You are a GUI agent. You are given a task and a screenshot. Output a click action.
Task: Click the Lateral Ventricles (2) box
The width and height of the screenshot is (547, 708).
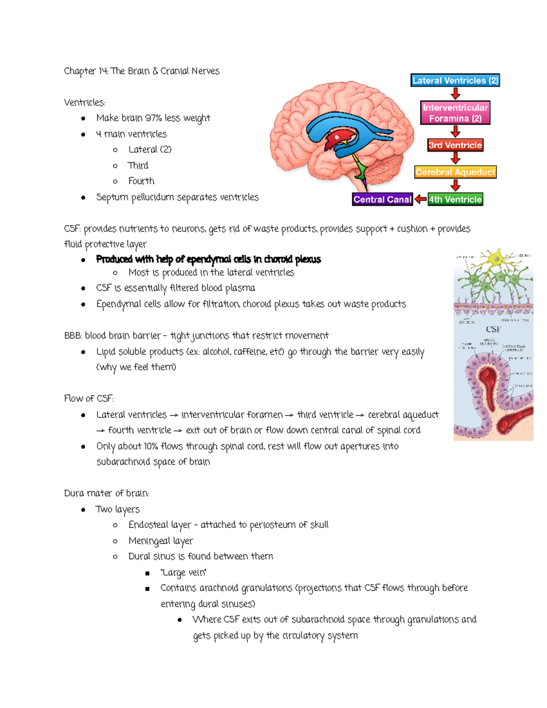tap(455, 81)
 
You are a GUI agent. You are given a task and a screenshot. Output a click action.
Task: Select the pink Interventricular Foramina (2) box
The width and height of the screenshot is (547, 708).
tap(455, 113)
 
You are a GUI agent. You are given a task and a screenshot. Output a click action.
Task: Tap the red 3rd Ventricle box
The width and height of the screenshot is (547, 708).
tap(455, 145)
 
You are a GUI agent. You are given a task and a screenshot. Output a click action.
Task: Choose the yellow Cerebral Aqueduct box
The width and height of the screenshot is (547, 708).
tap(455, 172)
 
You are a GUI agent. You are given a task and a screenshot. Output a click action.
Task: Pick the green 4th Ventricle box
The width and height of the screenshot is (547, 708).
tap(455, 200)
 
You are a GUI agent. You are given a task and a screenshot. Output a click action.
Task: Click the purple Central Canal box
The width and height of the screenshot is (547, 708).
tap(382, 200)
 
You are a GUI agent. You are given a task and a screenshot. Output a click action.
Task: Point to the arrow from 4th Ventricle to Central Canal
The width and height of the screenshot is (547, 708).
tap(420, 200)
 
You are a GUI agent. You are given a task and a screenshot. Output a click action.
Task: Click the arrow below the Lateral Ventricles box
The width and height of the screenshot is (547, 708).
tap(455, 94)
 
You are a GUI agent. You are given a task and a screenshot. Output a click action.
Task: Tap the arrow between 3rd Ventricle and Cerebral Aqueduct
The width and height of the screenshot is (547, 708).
tap(455, 159)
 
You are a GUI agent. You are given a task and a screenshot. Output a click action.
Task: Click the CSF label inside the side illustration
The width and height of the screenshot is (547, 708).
tap(493, 329)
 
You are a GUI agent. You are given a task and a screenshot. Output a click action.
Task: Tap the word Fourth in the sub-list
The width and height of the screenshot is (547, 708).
tap(141, 181)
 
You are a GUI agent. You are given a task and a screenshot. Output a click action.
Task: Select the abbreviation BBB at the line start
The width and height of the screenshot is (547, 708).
tap(72, 336)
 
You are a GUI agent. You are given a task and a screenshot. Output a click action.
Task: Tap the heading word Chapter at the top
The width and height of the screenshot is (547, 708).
tap(80, 71)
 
